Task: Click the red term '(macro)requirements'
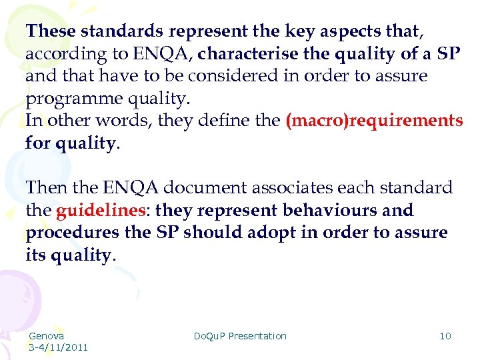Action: [373, 121]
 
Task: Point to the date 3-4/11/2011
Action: [59, 347]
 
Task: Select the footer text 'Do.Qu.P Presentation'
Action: [240, 336]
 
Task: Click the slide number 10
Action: [445, 336]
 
